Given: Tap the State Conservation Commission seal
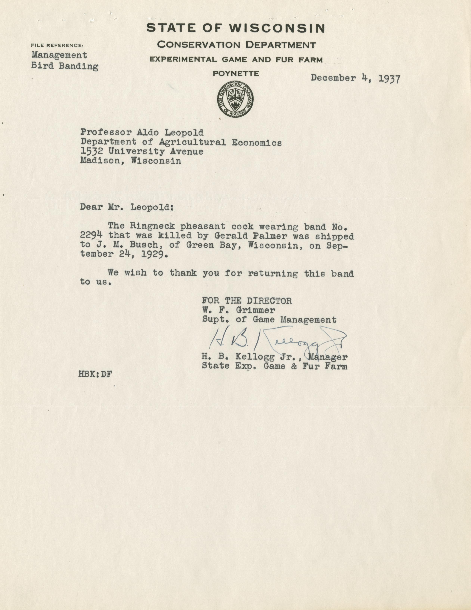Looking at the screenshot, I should click(x=235, y=100).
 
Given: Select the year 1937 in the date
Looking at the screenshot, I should click(x=389, y=78).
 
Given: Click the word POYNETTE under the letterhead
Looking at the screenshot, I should click(x=236, y=74).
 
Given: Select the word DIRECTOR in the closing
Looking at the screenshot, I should click(x=269, y=301).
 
